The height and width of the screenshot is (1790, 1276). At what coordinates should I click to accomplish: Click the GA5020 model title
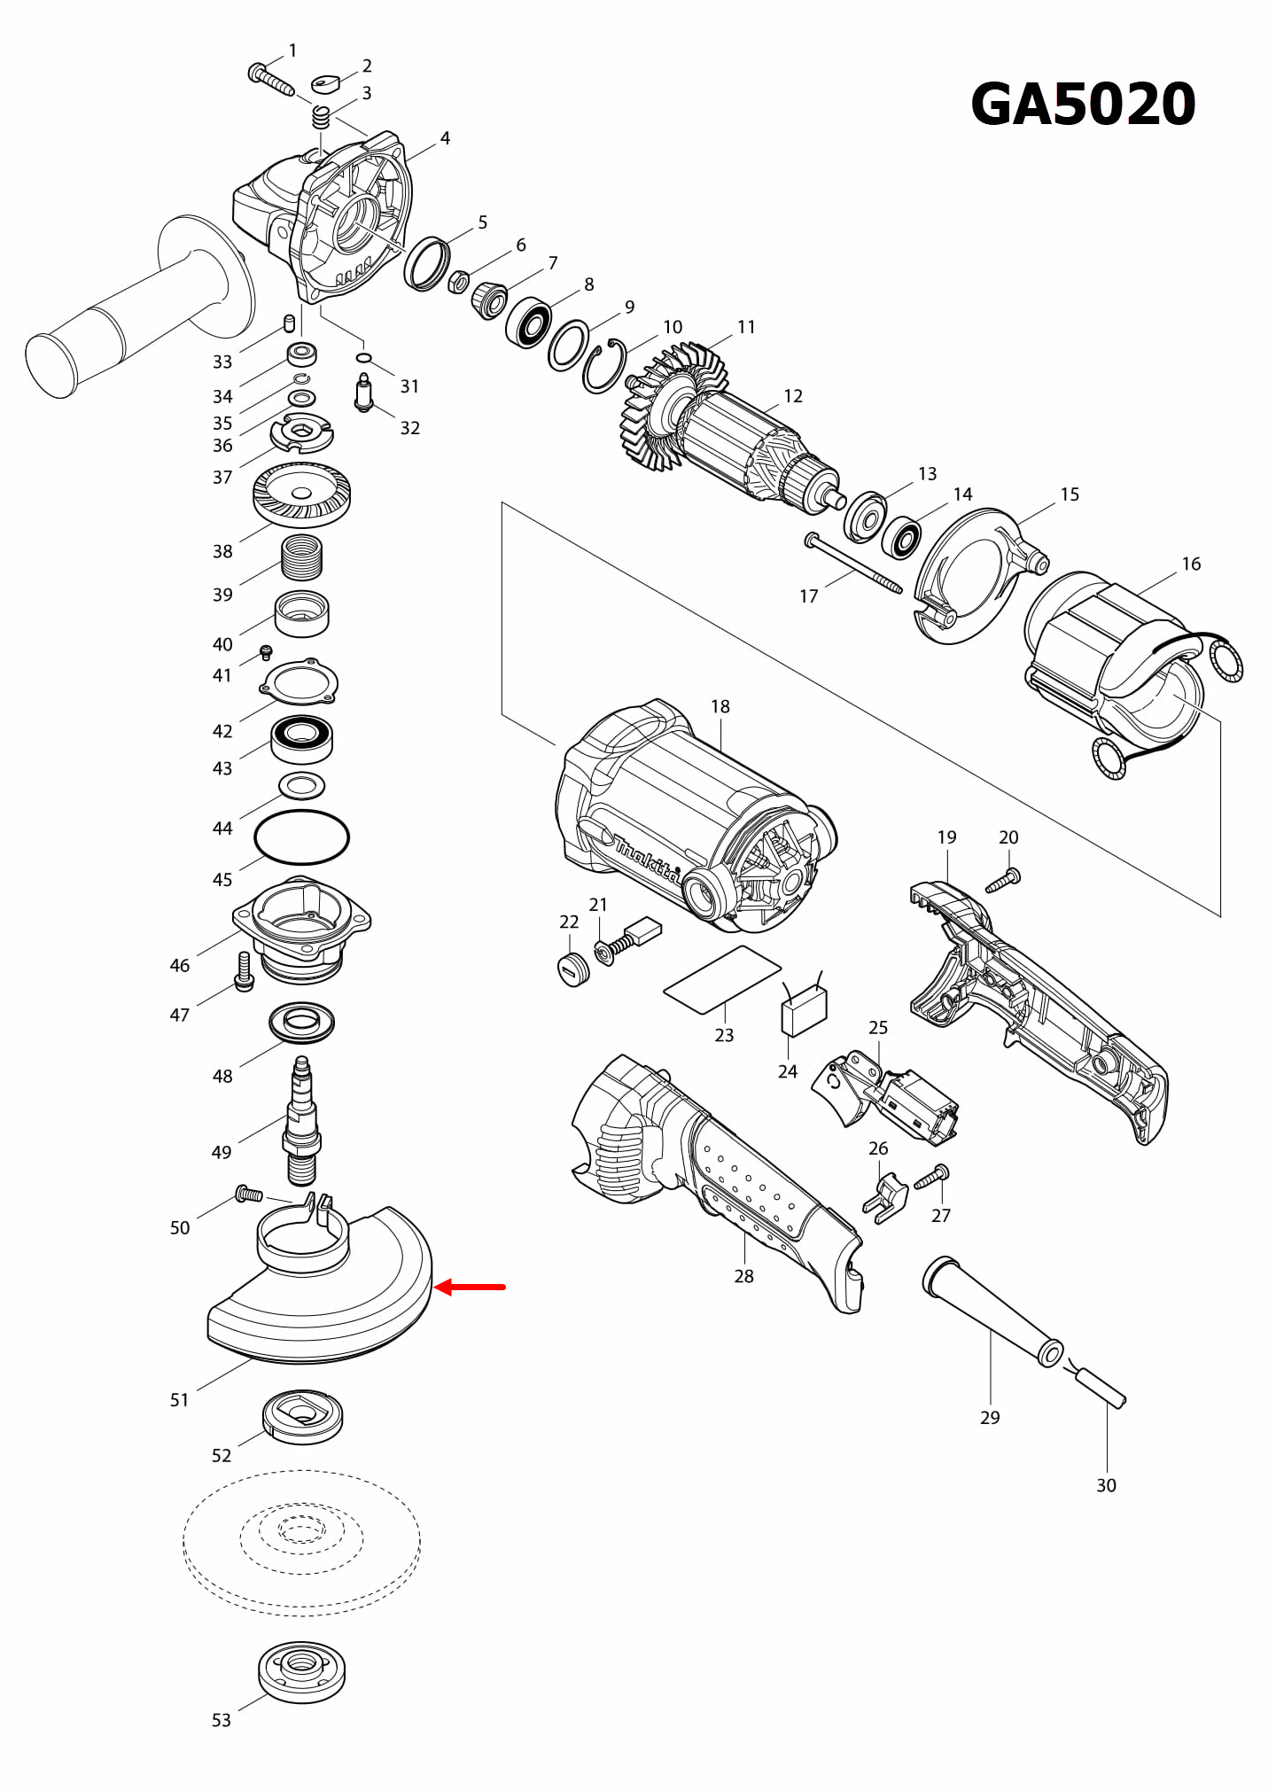coord(1083,105)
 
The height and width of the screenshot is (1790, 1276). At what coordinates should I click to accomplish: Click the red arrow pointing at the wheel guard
coord(470,1287)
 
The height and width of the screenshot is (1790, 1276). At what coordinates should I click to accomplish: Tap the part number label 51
coord(179,1400)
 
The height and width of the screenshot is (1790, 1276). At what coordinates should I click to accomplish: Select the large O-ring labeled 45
coord(301,837)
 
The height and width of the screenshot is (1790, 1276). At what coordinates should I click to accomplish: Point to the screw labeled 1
coord(270,79)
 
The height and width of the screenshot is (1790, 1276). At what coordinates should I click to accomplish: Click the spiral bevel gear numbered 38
coord(301,494)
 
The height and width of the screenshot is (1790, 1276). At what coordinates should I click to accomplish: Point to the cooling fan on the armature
coord(660,408)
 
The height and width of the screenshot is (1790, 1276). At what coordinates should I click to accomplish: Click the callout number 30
coord(1106,1485)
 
